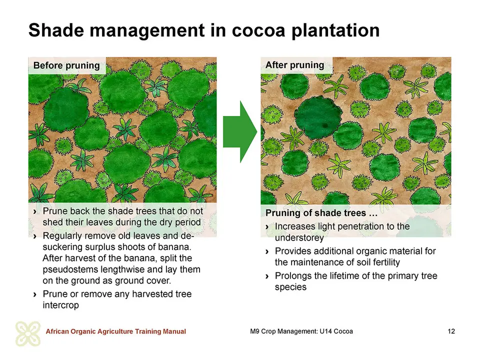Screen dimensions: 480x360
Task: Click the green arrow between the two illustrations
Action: [240, 131]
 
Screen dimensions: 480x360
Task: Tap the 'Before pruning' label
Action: [66, 65]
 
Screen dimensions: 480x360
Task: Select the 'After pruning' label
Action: [295, 65]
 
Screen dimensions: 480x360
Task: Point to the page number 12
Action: [451, 331]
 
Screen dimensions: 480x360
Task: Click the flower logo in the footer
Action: [28, 333]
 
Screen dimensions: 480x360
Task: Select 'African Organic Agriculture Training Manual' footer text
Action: [115, 331]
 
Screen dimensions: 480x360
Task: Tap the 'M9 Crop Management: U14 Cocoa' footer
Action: [301, 331]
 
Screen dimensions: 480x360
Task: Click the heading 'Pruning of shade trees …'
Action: [321, 213]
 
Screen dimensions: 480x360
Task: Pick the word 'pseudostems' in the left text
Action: [70, 269]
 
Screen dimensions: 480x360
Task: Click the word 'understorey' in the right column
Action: [299, 237]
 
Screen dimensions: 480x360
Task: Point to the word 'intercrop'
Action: [60, 305]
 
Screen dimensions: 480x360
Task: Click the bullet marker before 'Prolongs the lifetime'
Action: [267, 276]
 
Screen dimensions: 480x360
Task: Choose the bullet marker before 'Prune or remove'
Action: [35, 294]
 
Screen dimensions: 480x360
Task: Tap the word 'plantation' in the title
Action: [335, 30]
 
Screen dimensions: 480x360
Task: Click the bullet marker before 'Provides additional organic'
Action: [267, 251]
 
